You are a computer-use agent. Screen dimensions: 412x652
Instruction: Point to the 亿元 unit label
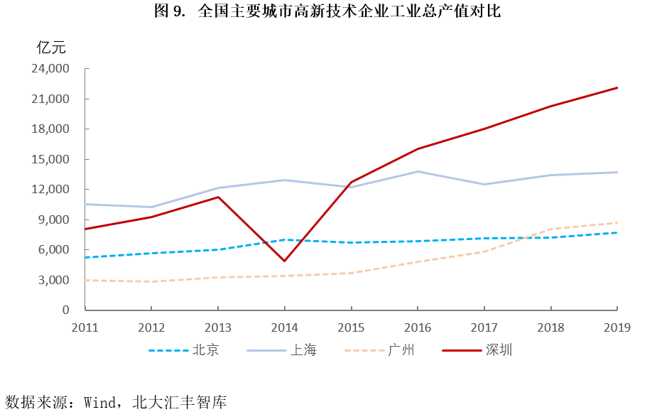point(50,48)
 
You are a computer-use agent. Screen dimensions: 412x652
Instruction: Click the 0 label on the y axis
point(65,310)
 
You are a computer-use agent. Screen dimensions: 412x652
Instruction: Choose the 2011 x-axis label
point(85,327)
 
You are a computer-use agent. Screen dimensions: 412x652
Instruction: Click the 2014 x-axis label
point(284,327)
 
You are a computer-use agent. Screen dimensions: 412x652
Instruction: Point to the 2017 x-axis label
point(484,327)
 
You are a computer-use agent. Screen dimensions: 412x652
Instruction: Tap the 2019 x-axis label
point(616,327)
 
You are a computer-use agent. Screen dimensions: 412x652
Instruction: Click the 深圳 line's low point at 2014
point(284,261)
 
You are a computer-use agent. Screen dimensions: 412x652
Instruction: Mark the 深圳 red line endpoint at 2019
point(616,88)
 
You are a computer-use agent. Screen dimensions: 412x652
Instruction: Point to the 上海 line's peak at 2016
point(418,171)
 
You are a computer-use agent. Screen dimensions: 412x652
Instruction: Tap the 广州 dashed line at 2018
point(550,229)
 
